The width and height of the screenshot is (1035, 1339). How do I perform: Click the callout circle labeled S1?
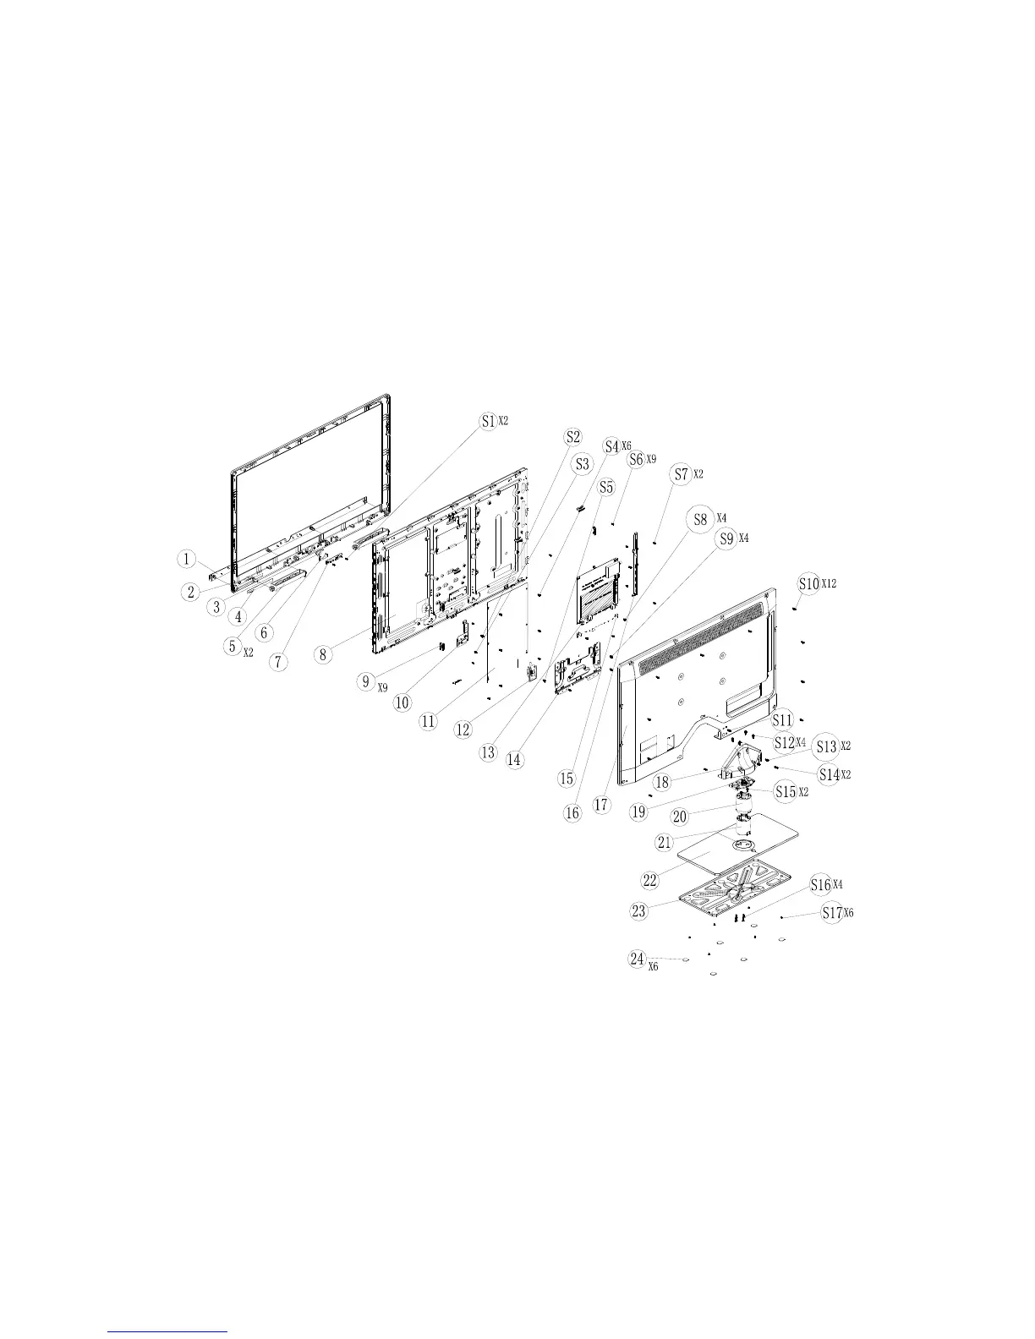[488, 421]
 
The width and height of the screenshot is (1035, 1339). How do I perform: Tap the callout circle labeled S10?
[808, 583]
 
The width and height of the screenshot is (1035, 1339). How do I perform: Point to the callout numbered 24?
[638, 959]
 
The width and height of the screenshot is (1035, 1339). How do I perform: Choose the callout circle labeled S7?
[682, 475]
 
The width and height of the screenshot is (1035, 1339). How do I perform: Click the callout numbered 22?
[650, 880]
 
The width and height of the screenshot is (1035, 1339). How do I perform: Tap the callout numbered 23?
[638, 910]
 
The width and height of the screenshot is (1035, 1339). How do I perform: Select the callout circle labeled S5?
[605, 488]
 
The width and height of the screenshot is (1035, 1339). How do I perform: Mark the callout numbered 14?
[514, 759]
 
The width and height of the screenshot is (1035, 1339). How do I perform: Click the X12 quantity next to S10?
[829, 584]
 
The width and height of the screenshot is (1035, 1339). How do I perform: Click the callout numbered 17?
[601, 806]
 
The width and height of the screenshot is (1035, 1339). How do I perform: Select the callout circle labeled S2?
[573, 436]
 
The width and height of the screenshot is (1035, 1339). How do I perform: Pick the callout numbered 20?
[680, 817]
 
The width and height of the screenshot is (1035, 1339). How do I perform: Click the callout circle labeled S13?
[826, 747]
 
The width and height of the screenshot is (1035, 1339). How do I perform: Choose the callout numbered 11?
[430, 721]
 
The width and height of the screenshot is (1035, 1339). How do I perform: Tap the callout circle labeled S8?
[700, 519]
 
